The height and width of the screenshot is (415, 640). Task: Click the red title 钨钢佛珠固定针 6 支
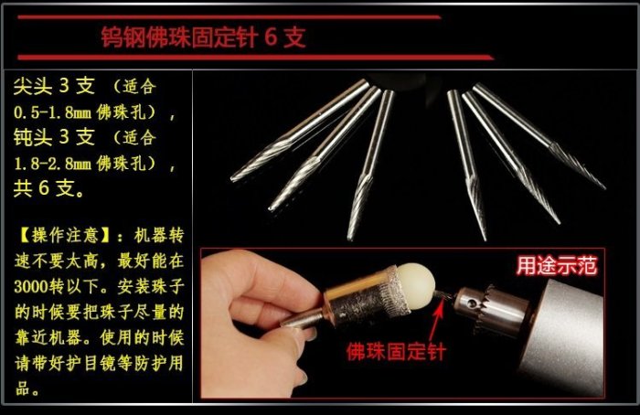(x=203, y=37)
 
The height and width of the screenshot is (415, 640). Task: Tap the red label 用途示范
(x=557, y=266)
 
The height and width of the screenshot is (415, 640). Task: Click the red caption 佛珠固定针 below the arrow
(x=396, y=351)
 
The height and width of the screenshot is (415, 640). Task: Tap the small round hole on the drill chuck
(x=473, y=303)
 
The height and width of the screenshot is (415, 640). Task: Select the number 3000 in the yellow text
(x=31, y=287)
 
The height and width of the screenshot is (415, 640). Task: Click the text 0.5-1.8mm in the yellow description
(x=53, y=112)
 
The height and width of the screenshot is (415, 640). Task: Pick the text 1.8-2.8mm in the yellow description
(x=53, y=164)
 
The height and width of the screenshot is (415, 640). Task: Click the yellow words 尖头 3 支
(x=54, y=86)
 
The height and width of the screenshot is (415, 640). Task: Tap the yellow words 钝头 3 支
(x=54, y=137)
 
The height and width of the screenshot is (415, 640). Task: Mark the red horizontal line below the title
(x=256, y=58)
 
